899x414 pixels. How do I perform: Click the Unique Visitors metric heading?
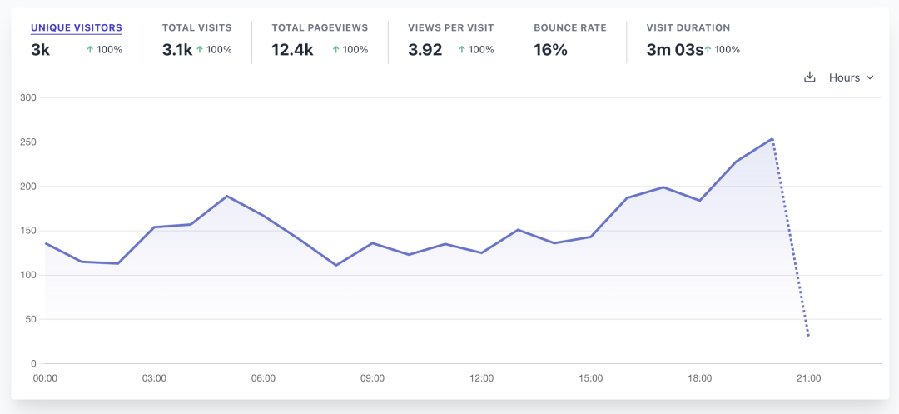(x=77, y=27)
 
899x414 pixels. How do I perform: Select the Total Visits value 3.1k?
(x=177, y=50)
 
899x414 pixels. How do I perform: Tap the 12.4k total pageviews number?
(x=292, y=50)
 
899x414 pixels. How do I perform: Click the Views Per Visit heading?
(x=450, y=27)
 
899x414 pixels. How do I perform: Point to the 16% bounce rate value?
(x=550, y=50)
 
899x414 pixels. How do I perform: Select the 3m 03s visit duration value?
(x=675, y=50)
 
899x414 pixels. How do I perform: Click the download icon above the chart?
(x=810, y=77)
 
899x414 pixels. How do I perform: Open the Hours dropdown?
(x=851, y=77)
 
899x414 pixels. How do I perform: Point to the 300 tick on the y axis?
(x=28, y=97)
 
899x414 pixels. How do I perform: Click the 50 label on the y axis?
(x=31, y=319)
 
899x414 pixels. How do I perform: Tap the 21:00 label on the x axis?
(x=809, y=378)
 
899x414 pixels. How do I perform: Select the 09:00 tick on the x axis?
(x=372, y=378)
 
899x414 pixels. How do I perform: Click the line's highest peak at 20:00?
(x=772, y=139)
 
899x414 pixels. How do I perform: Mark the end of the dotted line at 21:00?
(x=808, y=336)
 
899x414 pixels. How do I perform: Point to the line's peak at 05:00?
(x=227, y=196)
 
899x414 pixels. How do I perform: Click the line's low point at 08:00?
(x=336, y=266)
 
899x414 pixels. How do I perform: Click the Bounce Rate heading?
(x=570, y=27)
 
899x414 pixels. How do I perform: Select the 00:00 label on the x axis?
(x=45, y=378)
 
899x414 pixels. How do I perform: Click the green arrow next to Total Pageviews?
(x=336, y=50)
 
